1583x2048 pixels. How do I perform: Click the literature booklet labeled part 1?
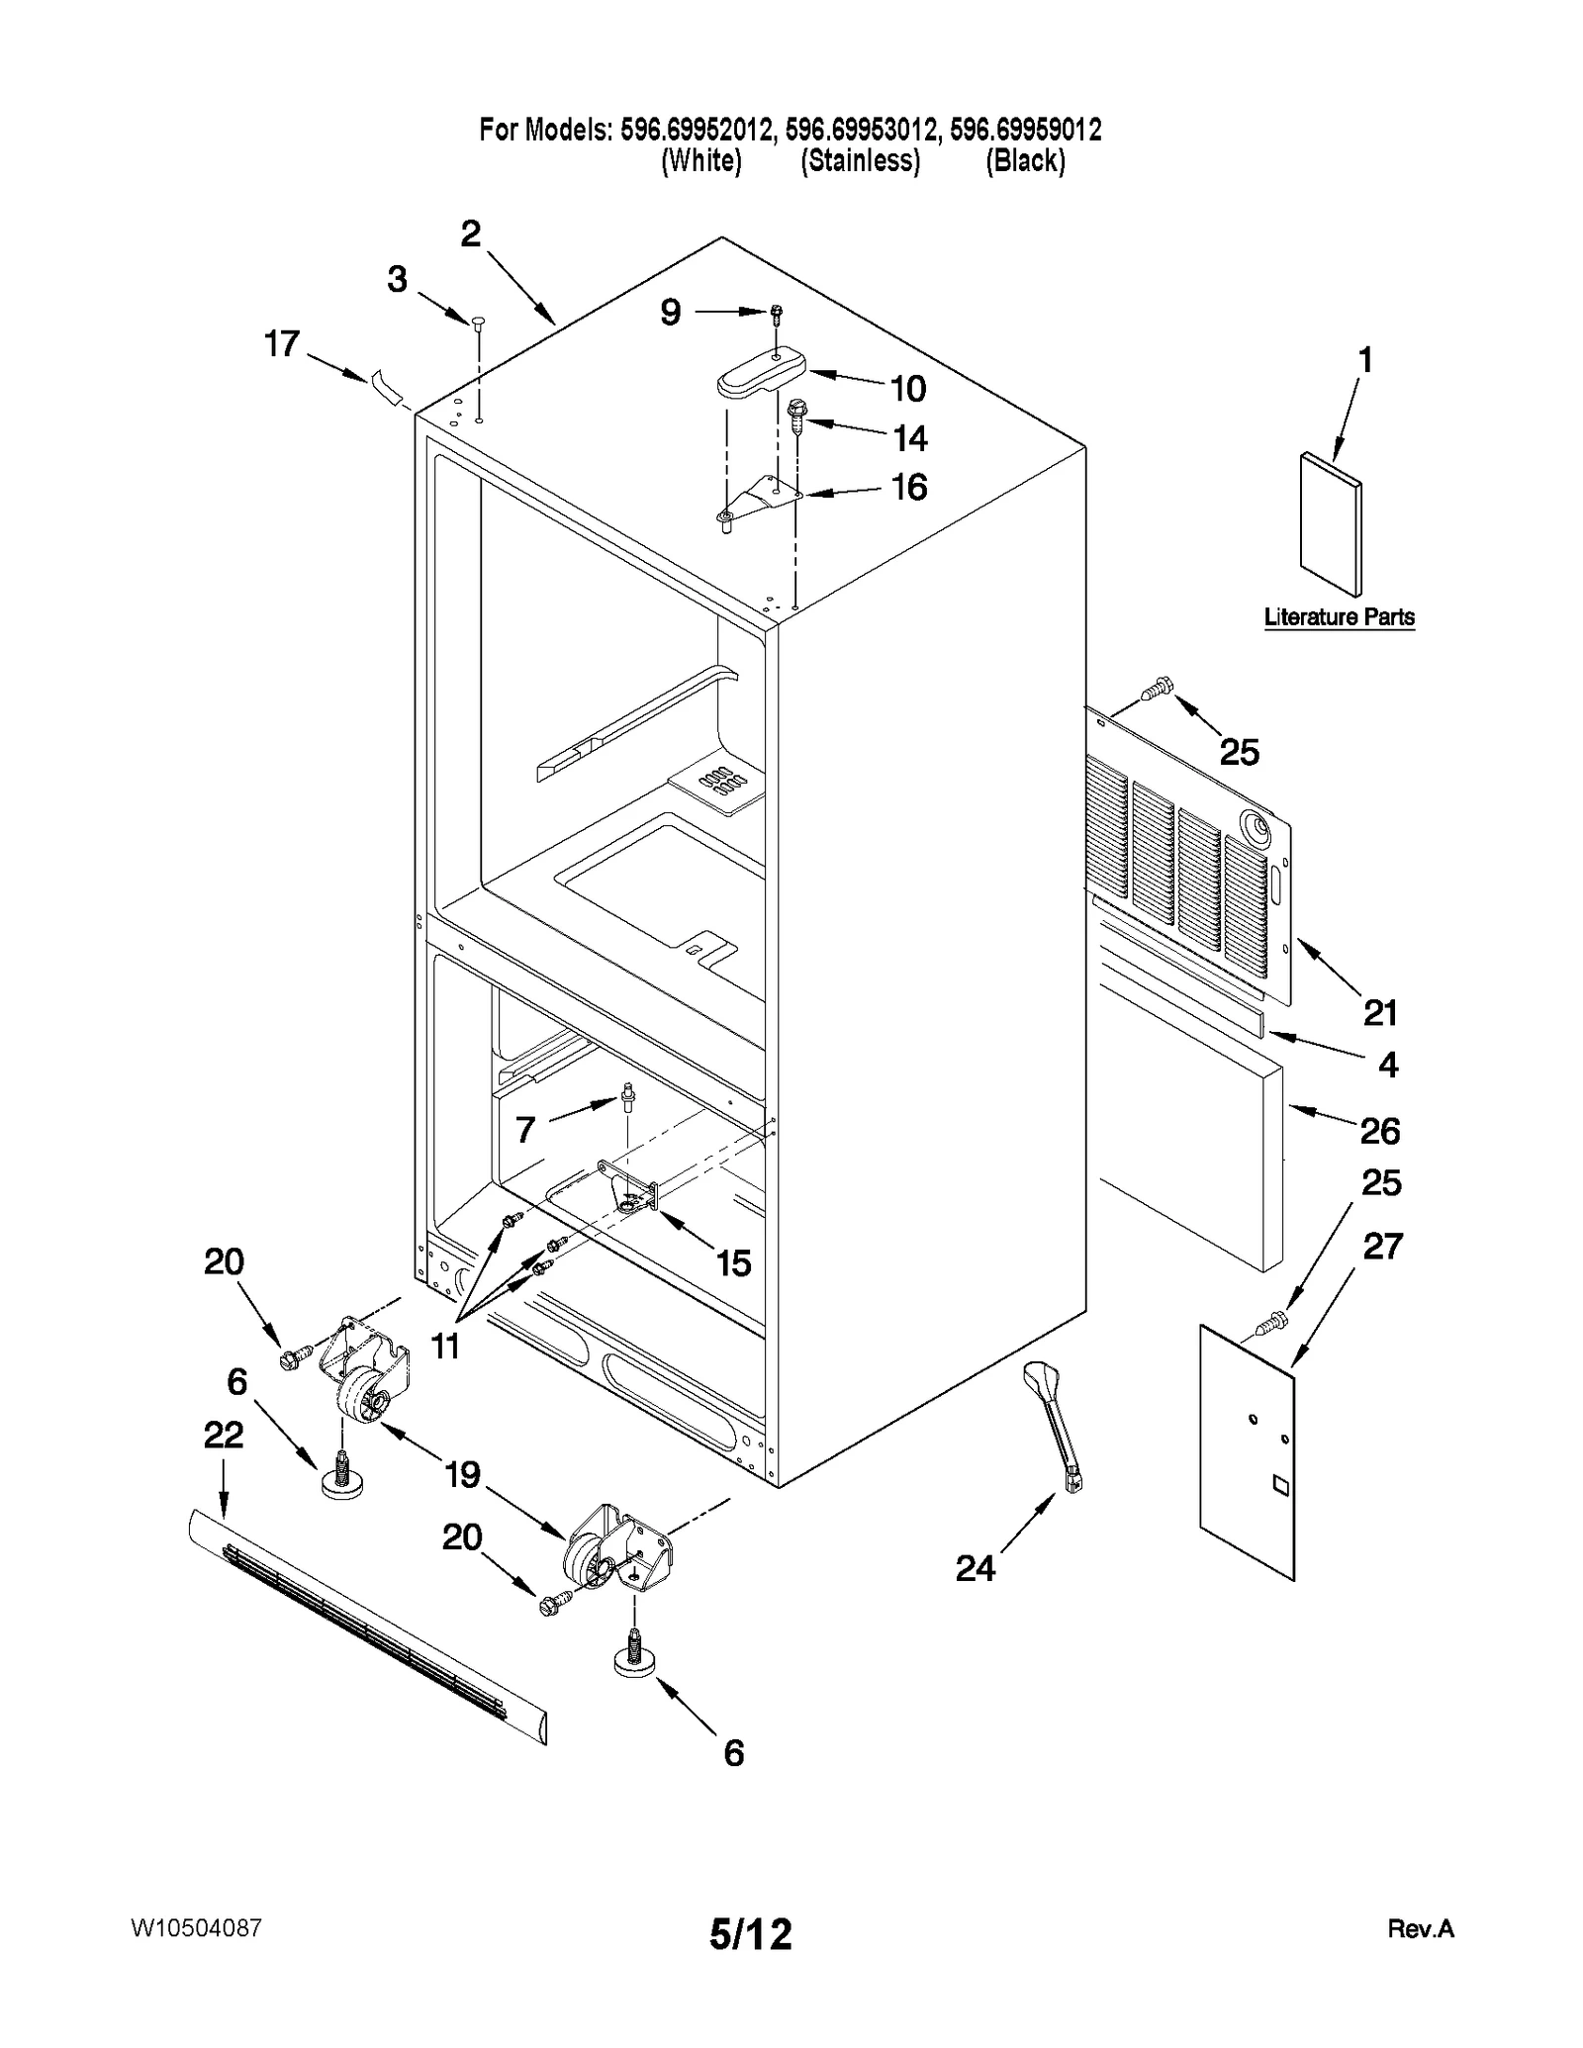click(x=1331, y=523)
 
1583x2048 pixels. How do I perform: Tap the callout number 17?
click(x=282, y=343)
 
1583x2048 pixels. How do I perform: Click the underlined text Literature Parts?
click(x=1339, y=616)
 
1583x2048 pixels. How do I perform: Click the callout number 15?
click(x=733, y=1262)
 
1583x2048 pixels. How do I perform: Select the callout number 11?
click(x=446, y=1346)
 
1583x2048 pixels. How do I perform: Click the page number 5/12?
click(x=751, y=1932)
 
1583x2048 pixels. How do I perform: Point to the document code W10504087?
click(x=196, y=1927)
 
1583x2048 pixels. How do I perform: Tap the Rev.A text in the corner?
click(x=1420, y=1928)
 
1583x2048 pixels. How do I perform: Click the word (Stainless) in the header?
click(x=860, y=160)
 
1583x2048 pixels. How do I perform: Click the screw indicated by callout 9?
click(x=777, y=313)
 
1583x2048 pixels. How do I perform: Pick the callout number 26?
click(x=1379, y=1130)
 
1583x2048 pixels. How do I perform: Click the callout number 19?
click(x=462, y=1474)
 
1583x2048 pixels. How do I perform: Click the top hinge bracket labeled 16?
click(x=760, y=495)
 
